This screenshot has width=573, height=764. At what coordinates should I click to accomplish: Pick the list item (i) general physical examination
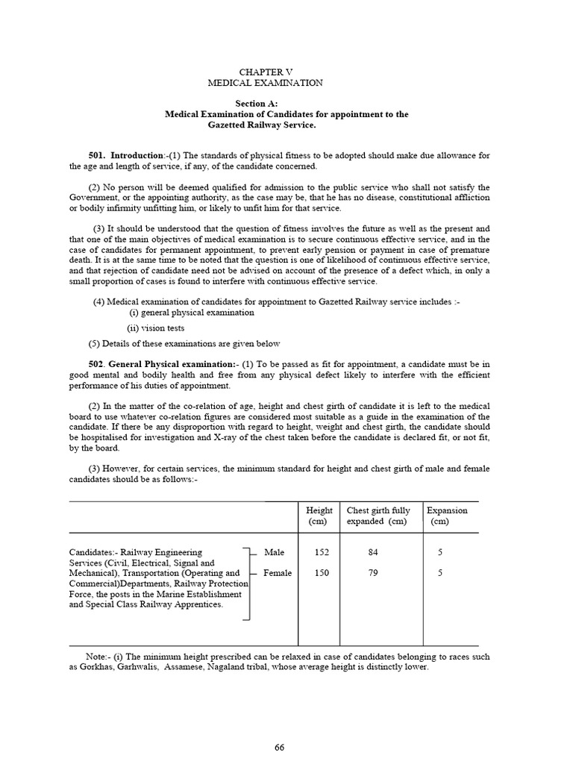click(192, 313)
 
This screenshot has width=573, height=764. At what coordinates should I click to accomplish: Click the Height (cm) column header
click(319, 516)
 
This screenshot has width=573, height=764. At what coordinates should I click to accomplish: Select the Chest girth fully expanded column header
click(380, 516)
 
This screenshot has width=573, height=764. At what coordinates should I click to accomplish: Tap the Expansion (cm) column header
click(447, 516)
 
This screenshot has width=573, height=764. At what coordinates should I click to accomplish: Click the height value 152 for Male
click(321, 552)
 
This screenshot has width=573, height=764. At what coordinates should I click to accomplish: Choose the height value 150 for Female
click(321, 573)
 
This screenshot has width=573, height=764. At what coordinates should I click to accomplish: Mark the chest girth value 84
click(374, 552)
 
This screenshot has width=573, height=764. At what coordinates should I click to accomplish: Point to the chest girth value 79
click(374, 573)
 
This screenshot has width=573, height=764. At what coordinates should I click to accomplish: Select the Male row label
click(273, 552)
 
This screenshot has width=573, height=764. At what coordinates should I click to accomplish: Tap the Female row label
click(278, 573)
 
